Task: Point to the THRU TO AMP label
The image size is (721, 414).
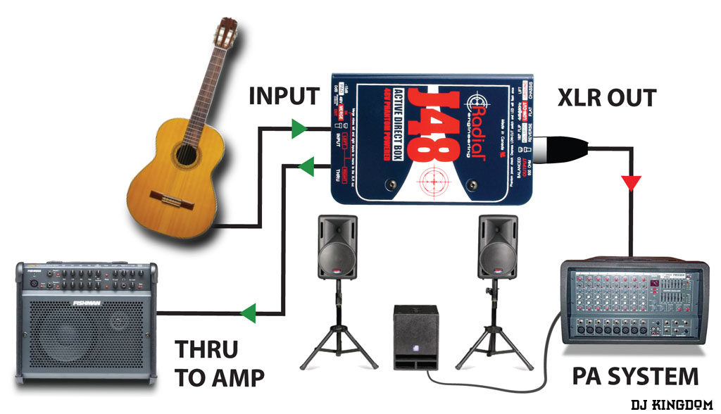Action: (x=219, y=363)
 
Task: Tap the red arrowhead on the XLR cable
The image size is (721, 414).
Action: (x=631, y=184)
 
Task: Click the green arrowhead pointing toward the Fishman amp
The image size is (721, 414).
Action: (x=248, y=311)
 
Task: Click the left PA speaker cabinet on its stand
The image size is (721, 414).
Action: (x=337, y=246)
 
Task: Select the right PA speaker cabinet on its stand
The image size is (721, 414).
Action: (x=498, y=246)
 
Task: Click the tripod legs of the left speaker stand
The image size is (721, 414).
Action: (x=338, y=345)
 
